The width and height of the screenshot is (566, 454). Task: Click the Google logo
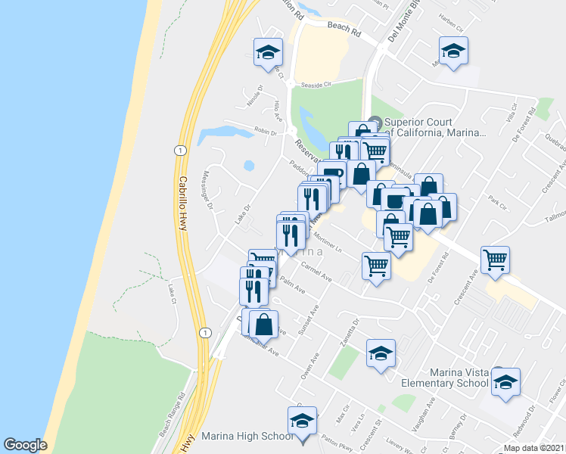(x=25, y=445)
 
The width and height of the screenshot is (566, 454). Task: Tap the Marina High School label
(x=247, y=437)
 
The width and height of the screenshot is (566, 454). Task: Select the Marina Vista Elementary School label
(x=459, y=378)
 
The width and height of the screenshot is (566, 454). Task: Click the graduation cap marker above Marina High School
(x=303, y=421)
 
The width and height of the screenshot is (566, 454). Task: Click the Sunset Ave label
(x=309, y=320)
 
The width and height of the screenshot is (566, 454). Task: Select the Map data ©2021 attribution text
(x=533, y=448)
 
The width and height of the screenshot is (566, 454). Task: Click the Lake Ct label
(x=172, y=293)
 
